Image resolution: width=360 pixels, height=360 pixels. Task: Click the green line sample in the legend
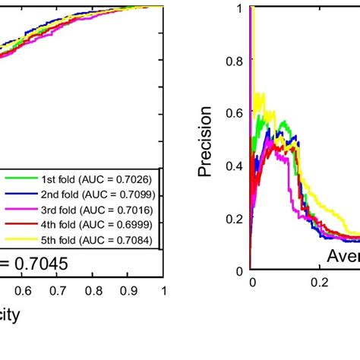tap(17, 179)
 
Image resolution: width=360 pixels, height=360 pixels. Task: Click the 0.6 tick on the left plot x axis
tap(24, 291)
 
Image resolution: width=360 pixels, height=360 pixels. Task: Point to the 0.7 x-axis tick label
tap(58, 291)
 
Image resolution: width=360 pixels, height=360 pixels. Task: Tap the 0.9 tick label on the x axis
tap(128, 291)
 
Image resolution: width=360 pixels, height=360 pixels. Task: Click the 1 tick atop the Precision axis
tap(241, 8)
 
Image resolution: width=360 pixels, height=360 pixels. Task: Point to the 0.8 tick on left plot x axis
tap(93, 291)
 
